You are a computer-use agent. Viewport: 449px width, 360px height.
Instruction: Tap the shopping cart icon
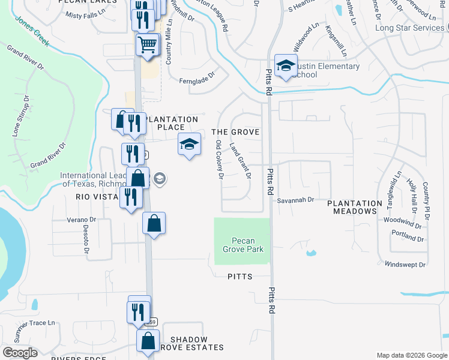pos(147,44)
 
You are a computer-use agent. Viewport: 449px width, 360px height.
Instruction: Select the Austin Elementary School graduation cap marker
pos(286,66)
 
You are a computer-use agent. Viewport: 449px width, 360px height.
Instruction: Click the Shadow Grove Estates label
pos(188,343)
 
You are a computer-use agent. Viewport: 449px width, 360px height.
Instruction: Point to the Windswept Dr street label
pos(405,265)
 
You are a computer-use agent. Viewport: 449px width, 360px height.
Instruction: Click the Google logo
pos(19,352)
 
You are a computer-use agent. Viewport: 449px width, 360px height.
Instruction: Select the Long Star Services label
pos(409,28)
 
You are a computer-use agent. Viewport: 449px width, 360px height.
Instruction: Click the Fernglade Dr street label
pos(196,80)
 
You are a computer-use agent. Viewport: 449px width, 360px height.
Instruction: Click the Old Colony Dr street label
pos(219,160)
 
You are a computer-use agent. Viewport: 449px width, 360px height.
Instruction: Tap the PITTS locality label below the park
pos(240,277)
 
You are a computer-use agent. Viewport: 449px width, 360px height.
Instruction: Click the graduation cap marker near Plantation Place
pos(189,145)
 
